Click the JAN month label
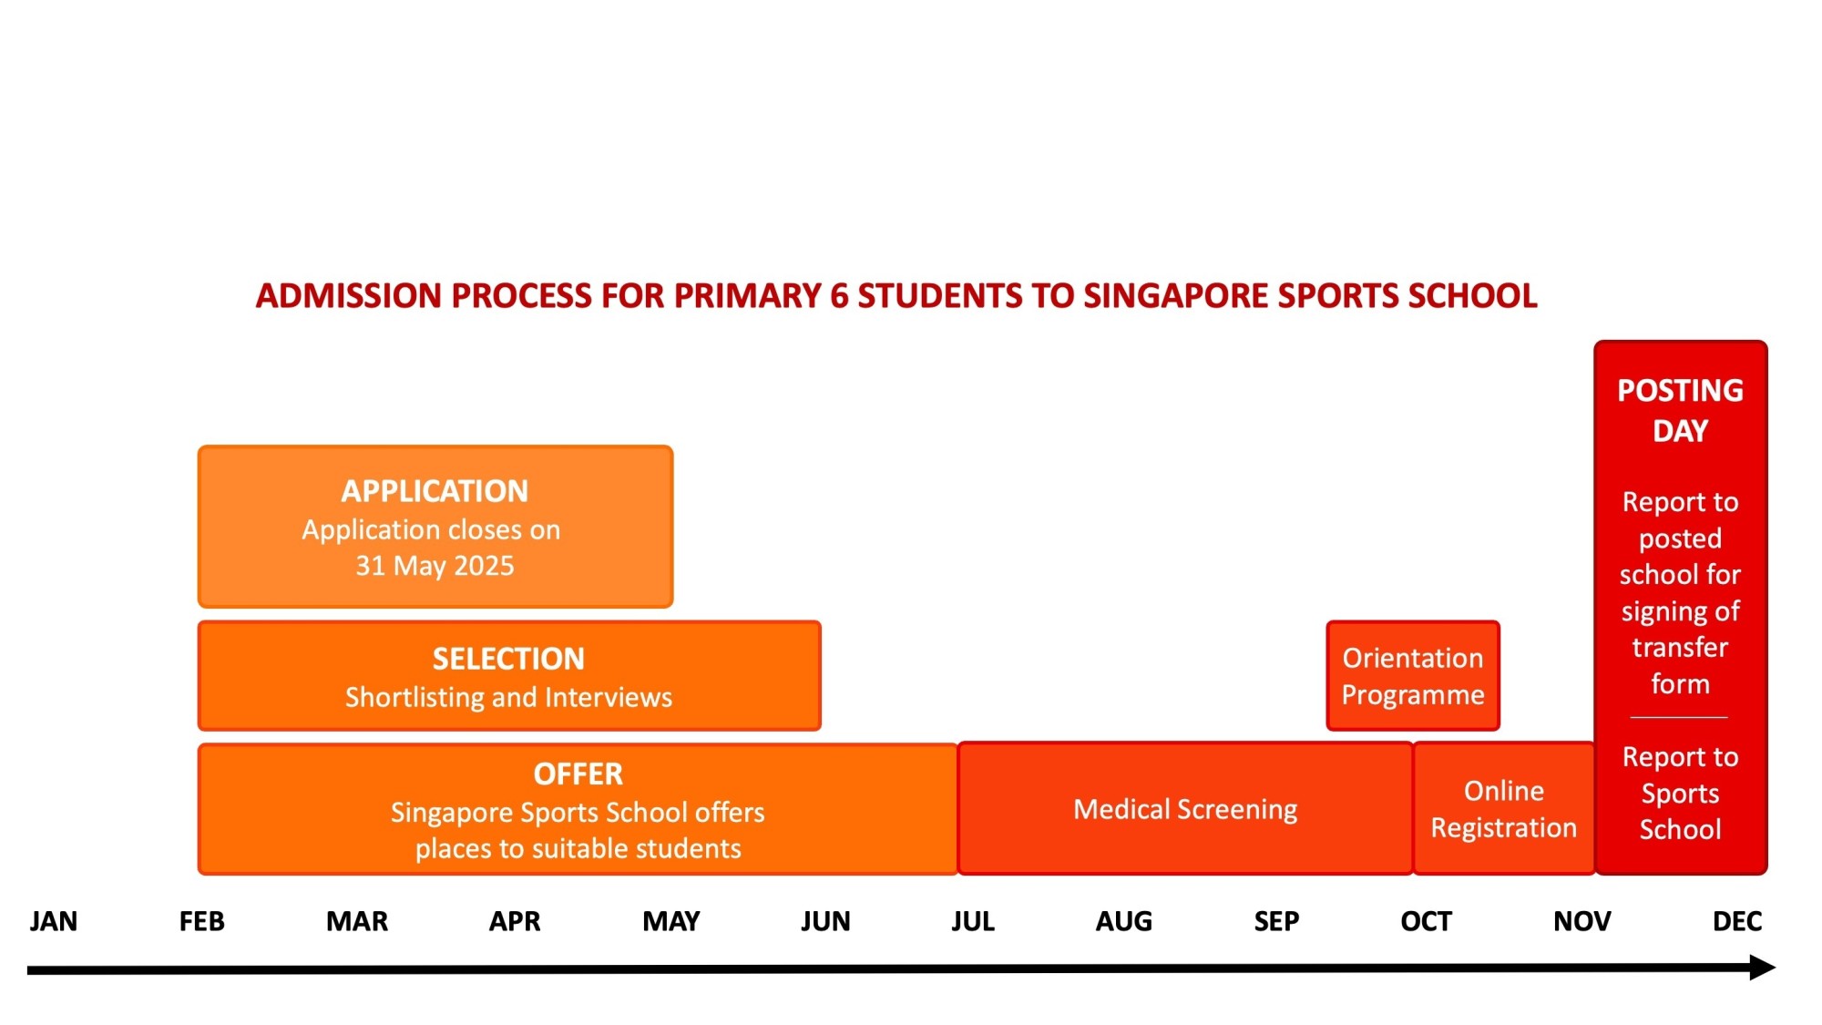tap(53, 921)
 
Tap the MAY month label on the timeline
tap(670, 921)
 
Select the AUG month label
tap(1123, 921)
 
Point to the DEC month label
tap(1736, 921)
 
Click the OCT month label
tap(1426, 921)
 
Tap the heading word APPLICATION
tap(435, 491)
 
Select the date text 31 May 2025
tap(435, 566)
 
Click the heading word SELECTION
tap(508, 659)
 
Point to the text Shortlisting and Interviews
tap(508, 697)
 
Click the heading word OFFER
tap(578, 774)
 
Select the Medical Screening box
tap(1184, 809)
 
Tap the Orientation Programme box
tap(1412, 676)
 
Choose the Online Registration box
tap(1503, 809)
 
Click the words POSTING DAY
tap(1680, 410)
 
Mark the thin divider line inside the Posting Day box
tap(1679, 718)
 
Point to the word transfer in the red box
tap(1680, 647)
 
